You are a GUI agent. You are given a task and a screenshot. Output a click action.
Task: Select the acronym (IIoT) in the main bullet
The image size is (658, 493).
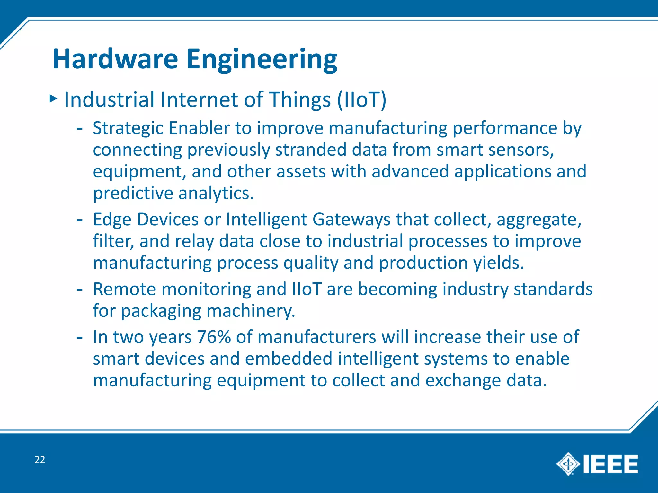coord(361,99)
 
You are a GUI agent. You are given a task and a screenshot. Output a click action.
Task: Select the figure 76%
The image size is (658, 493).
coord(214,337)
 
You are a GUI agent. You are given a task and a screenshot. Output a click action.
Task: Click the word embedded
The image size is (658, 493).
coord(288,359)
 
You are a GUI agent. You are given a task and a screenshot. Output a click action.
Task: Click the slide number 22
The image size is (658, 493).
coord(40,460)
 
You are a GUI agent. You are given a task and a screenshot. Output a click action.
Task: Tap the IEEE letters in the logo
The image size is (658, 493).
coord(610,464)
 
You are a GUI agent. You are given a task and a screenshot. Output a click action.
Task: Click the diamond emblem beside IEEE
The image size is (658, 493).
coord(568,464)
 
